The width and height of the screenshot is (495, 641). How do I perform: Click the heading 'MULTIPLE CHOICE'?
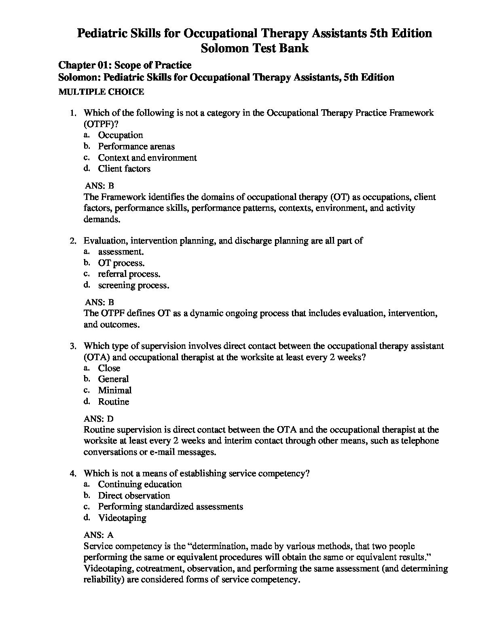pyautogui.click(x=101, y=92)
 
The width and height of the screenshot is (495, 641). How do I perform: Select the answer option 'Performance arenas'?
pyautogui.click(x=136, y=146)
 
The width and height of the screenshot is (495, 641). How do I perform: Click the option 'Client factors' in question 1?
pyautogui.click(x=124, y=169)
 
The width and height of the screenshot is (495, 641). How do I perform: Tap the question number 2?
pyautogui.click(x=73, y=241)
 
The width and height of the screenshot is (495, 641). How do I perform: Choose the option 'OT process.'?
pyautogui.click(x=121, y=263)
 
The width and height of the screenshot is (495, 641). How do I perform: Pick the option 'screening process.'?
pyautogui.click(x=133, y=285)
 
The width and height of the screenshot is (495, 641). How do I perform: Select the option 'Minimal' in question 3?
pyautogui.click(x=115, y=391)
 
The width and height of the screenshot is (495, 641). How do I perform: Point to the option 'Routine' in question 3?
pyautogui.click(x=114, y=402)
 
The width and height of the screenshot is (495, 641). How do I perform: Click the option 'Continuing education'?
pyautogui.click(x=140, y=484)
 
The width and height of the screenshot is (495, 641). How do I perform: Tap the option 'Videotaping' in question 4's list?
pyautogui.click(x=122, y=518)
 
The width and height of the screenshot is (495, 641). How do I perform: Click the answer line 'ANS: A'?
pyautogui.click(x=99, y=535)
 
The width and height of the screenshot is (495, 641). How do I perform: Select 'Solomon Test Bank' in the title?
pyautogui.click(x=255, y=48)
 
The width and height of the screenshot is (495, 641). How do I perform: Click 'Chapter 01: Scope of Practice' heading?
pyautogui.click(x=125, y=65)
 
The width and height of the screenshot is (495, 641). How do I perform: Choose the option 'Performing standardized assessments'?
pyautogui.click(x=170, y=507)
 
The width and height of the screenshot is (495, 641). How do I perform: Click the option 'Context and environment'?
pyautogui.click(x=147, y=158)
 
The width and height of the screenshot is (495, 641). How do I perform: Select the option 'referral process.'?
pyautogui.click(x=129, y=274)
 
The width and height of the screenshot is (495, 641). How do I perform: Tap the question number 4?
pyautogui.click(x=73, y=473)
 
